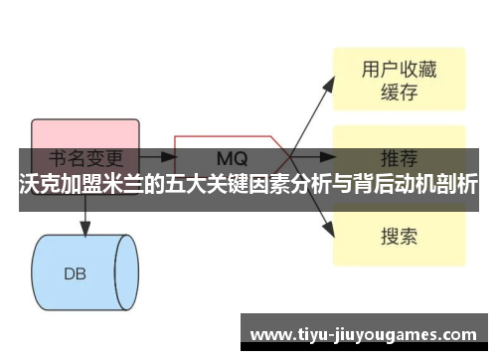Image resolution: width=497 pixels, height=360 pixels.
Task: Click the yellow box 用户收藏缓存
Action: [x=399, y=81]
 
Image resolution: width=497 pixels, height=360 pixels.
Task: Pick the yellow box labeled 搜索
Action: [x=399, y=236]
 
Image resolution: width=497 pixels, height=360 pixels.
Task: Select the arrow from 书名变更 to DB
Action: [x=85, y=214]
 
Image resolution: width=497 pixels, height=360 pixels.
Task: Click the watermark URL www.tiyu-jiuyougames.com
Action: [x=366, y=331]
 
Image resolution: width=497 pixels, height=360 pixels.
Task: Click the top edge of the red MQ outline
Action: [x=229, y=135]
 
